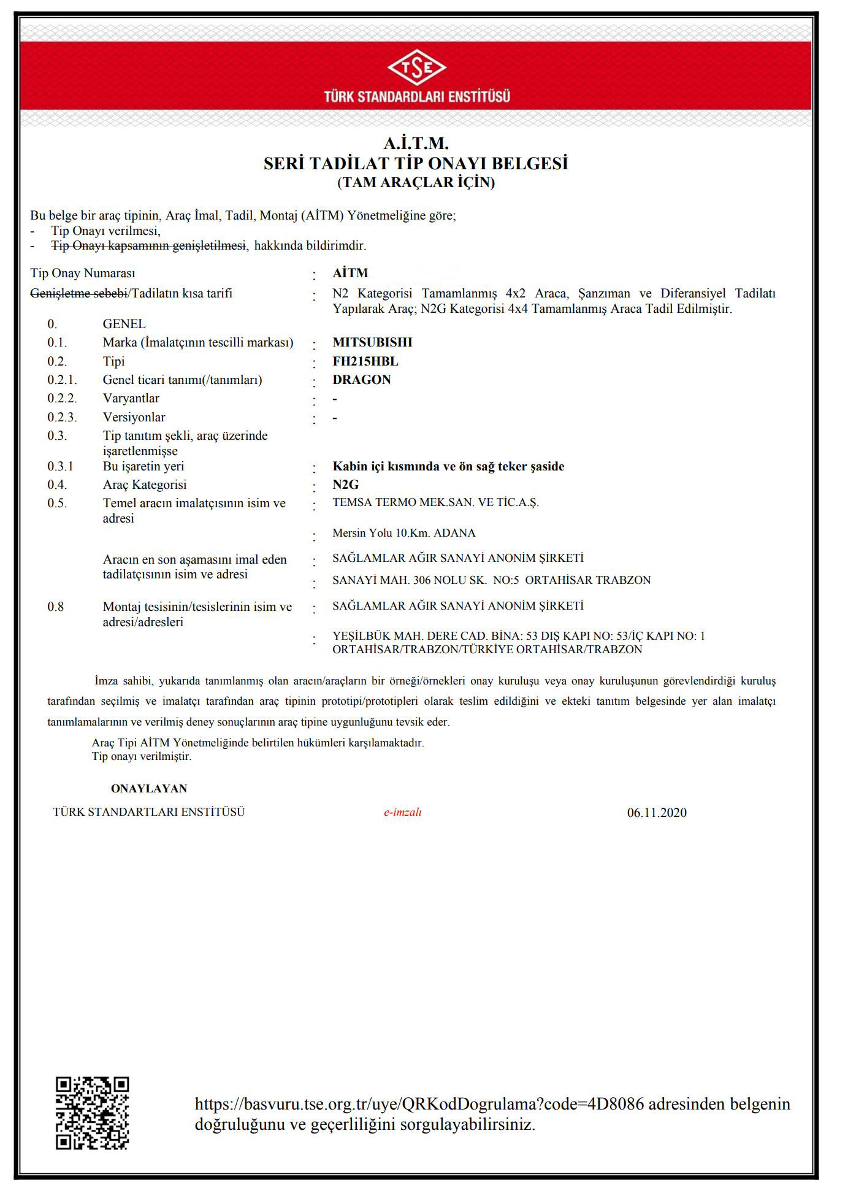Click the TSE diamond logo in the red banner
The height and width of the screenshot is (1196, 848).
click(x=416, y=68)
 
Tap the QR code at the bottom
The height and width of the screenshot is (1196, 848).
click(x=93, y=1113)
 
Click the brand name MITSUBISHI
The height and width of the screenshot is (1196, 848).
click(x=372, y=342)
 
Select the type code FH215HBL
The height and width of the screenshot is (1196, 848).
click(x=365, y=361)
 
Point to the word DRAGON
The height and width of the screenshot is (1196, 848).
click(x=362, y=380)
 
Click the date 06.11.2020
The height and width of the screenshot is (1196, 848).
click(x=657, y=813)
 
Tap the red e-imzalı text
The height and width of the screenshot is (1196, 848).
click(x=403, y=812)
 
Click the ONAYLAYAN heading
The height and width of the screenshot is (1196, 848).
click(x=149, y=789)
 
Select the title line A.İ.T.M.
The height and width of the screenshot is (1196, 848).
click(x=416, y=144)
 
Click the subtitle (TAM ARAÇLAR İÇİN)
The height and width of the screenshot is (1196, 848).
click(x=416, y=182)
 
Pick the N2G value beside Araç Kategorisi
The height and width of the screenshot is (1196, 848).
click(x=346, y=485)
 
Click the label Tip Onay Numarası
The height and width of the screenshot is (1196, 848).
click(x=83, y=273)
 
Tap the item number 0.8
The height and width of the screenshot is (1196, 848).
click(x=56, y=607)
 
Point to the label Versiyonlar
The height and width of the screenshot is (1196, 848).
click(x=134, y=417)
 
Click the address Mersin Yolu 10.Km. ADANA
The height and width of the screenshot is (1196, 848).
click(x=404, y=533)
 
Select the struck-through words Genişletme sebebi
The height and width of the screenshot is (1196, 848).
click(x=78, y=293)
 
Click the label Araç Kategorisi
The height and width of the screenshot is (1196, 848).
click(x=145, y=485)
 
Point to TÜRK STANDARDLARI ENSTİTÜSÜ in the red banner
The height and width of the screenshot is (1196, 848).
click(x=417, y=96)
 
